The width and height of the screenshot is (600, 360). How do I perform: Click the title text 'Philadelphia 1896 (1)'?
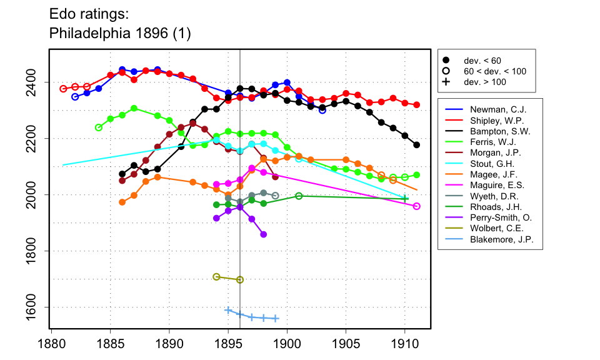(x=119, y=34)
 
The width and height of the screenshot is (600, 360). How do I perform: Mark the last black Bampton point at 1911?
(x=417, y=145)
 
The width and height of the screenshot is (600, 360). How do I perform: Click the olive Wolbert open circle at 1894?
(x=216, y=277)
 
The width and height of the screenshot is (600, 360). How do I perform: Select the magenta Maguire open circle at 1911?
(x=417, y=206)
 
